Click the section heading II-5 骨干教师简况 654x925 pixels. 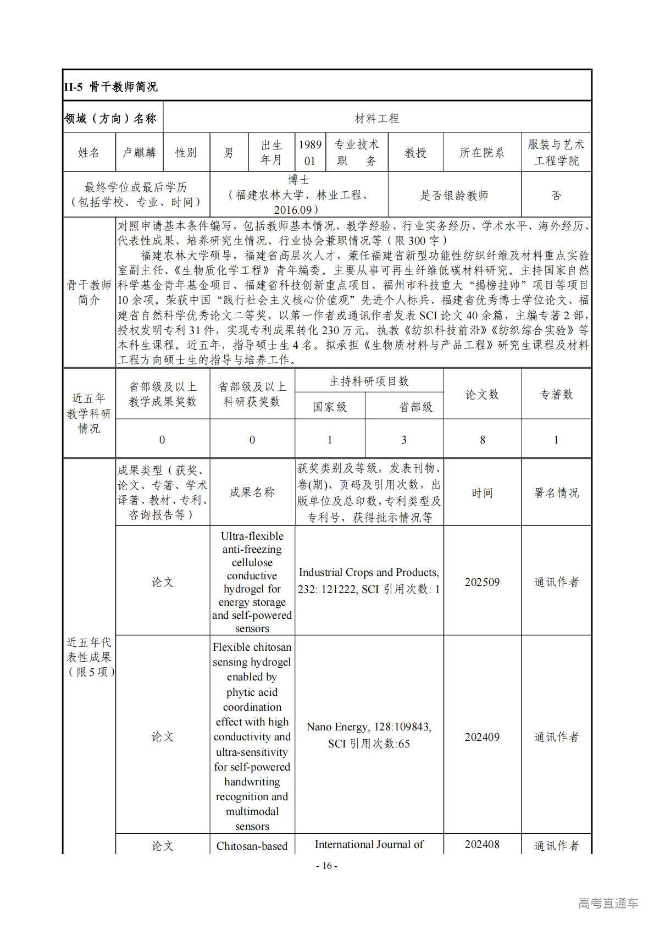(110, 86)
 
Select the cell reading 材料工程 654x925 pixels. (376, 118)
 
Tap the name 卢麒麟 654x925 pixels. (139, 152)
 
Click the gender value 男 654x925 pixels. (229, 152)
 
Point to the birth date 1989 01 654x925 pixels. (310, 152)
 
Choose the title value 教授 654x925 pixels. (415, 152)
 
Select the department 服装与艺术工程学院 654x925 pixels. (556, 152)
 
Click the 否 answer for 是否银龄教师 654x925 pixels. (556, 195)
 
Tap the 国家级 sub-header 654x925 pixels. (330, 407)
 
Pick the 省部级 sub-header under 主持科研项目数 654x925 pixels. (415, 407)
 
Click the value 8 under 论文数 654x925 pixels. (482, 440)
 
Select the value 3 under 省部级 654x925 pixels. (404, 440)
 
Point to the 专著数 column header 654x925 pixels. (556, 394)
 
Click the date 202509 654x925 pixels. (482, 582)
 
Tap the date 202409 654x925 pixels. (482, 737)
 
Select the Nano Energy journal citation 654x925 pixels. (369, 735)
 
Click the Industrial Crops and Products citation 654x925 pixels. (369, 580)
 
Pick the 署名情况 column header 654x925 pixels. (556, 492)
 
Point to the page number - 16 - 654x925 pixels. (326, 866)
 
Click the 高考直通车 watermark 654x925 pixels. (608, 903)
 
